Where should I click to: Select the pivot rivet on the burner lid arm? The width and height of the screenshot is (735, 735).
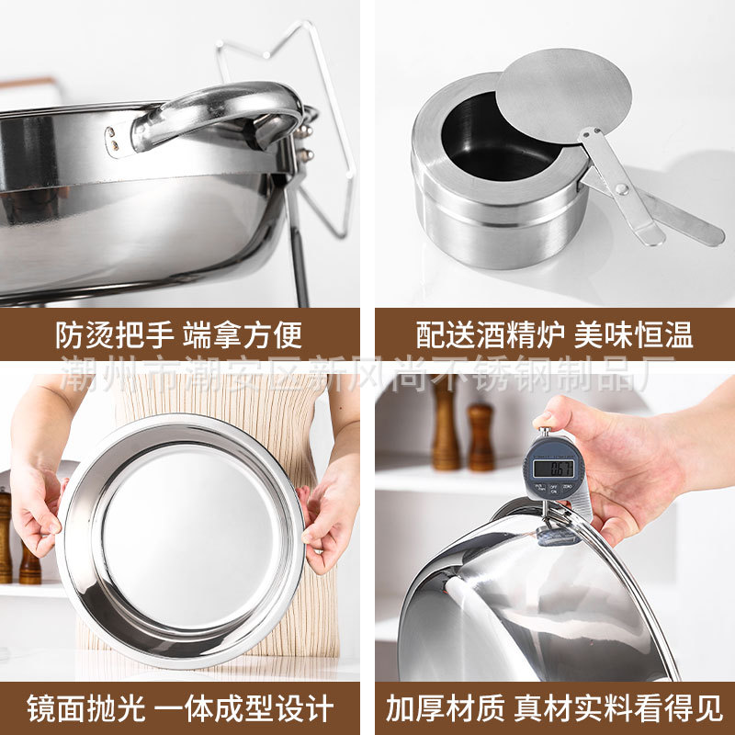621,188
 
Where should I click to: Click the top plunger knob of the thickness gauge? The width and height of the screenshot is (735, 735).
544,433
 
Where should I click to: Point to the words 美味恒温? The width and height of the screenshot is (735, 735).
633,335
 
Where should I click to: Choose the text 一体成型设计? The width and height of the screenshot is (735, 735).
246,708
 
